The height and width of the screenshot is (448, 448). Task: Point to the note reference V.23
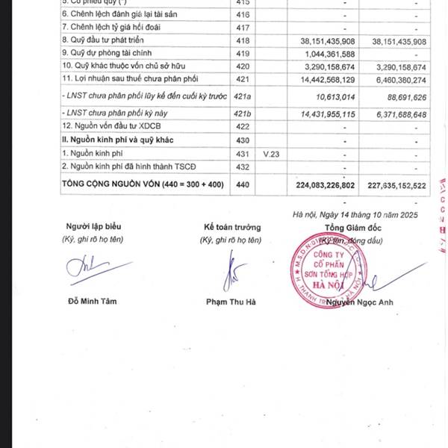[270, 153]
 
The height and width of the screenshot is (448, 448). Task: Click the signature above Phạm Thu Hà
[232, 273]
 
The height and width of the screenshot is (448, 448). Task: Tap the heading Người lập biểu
[93, 226]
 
